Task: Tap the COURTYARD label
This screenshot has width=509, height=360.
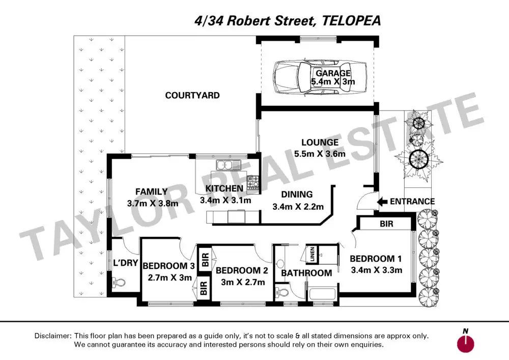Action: [x=192, y=95]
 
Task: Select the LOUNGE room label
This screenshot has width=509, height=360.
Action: [x=319, y=143]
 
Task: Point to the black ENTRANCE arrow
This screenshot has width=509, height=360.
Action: [x=381, y=202]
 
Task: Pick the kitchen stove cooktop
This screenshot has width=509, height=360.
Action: [x=253, y=182]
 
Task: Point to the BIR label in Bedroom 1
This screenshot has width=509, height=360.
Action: [x=386, y=224]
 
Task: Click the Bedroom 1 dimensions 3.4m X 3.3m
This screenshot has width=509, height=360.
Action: [x=377, y=270]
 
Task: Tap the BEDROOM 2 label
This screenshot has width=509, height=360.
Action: [x=242, y=271]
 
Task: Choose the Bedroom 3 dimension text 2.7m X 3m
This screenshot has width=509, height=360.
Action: [x=169, y=278]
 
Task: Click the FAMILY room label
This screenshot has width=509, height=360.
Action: [x=152, y=192]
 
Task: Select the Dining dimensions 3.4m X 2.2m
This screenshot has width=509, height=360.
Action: [x=298, y=207]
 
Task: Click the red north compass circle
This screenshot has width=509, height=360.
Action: [x=465, y=344]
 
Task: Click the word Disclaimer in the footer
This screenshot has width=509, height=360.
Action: [x=53, y=336]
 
